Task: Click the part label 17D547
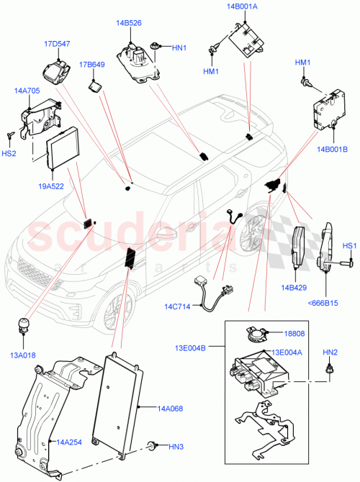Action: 57,44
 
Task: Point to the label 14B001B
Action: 330,150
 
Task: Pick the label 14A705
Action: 27,91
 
